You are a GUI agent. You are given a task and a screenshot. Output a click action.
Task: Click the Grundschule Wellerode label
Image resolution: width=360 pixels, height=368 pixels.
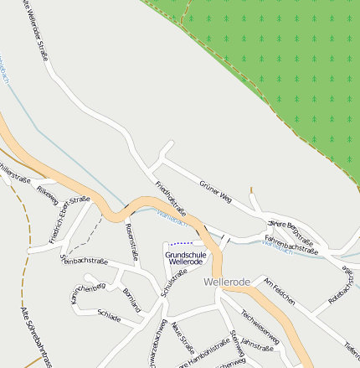185,257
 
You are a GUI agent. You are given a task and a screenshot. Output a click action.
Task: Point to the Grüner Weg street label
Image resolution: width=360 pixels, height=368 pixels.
215,191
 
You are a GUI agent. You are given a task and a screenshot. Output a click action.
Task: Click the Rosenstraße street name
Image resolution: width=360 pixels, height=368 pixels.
131,240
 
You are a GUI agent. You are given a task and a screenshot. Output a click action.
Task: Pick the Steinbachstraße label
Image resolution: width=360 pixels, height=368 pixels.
84,262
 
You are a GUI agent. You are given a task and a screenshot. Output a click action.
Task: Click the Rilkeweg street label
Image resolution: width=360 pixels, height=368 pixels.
47,196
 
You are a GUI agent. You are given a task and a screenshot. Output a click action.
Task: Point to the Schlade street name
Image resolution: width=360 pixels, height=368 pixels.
109,316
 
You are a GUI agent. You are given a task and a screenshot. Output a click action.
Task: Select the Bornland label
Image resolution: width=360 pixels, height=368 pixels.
131,299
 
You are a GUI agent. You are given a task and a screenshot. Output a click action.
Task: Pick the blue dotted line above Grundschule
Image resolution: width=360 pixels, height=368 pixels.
181,242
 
